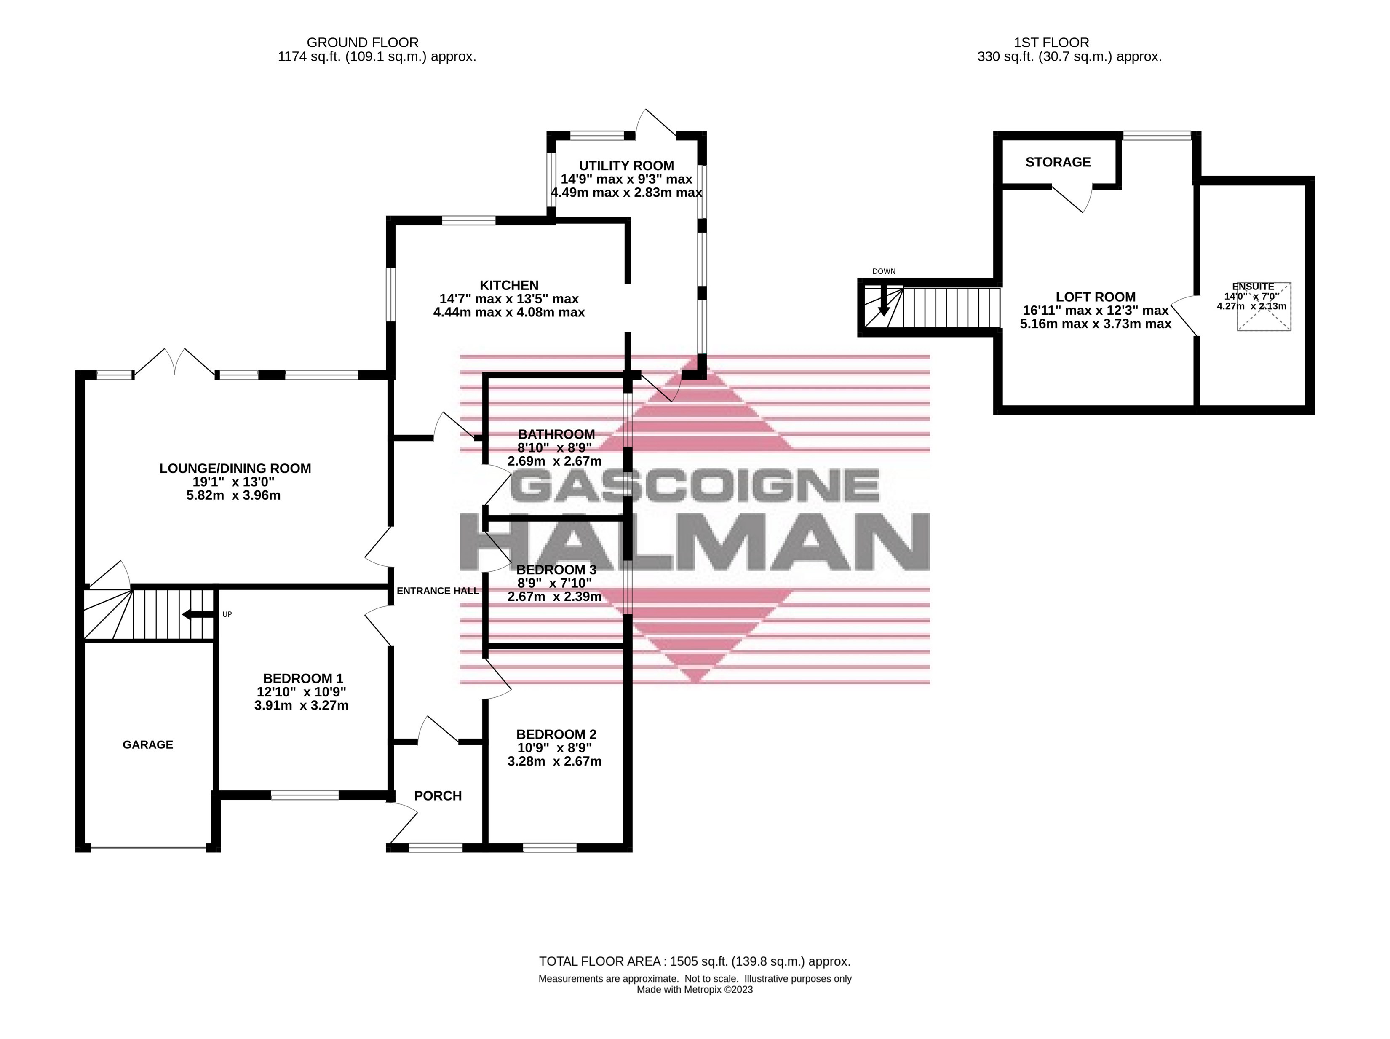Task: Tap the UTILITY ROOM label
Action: (626, 165)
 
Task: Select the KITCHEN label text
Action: (509, 285)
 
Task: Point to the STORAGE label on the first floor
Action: (1058, 162)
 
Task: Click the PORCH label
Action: (438, 796)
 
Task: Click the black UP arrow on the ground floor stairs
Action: (197, 615)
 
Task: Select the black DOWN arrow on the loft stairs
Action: (884, 300)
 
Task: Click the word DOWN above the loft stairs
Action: (884, 271)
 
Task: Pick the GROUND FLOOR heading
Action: (363, 43)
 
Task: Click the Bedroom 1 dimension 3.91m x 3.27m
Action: (301, 705)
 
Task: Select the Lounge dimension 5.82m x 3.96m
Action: (234, 495)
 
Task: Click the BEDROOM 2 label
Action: (556, 734)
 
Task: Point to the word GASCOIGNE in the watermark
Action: (695, 485)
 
